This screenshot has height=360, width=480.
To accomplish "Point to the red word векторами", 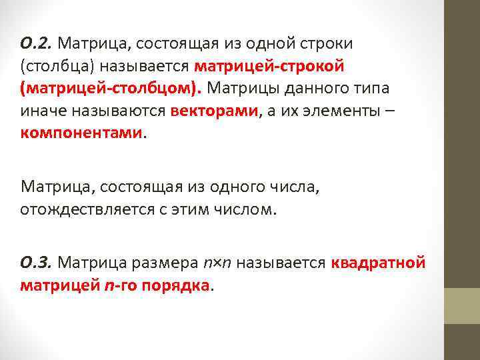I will coord(213,111).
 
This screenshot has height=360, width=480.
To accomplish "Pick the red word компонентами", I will coord(81,133).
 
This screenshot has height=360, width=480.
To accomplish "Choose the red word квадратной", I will coord(378,262).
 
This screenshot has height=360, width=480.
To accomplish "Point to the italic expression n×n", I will coord(219,263).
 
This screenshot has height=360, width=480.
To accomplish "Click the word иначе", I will coord(39,111).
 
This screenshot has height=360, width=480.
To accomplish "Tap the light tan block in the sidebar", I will coord(462,306).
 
